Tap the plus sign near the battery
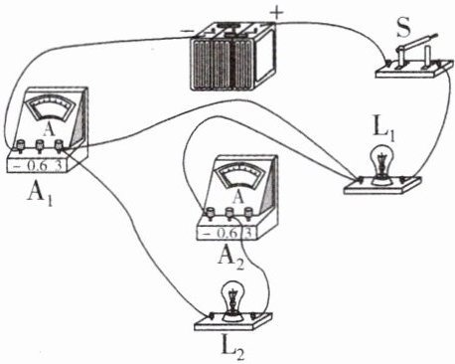click(277, 13)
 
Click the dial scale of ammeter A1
click(51, 106)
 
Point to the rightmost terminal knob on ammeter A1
click(59, 145)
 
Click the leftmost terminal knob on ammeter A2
click(211, 213)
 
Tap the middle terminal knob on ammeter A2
click(228, 213)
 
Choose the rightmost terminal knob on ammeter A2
click(248, 212)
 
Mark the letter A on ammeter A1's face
click(49, 130)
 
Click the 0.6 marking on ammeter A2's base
click(227, 234)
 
